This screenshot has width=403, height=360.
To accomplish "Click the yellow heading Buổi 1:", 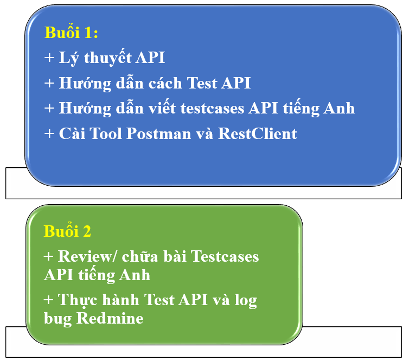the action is (71, 32).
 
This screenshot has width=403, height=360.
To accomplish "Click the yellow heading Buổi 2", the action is (67, 231).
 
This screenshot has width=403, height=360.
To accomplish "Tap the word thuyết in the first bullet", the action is (108, 57).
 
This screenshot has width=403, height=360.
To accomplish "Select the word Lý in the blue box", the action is (69, 58).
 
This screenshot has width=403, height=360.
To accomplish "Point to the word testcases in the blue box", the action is (212, 109).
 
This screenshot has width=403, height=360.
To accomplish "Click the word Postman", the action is (158, 133).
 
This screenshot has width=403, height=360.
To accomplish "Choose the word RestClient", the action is (258, 133).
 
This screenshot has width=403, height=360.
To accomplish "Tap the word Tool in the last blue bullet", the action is (106, 133).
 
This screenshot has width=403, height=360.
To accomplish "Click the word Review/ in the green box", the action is (88, 256).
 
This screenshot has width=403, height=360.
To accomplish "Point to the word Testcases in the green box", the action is (225, 256).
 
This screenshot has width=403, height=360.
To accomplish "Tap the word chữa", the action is (140, 256).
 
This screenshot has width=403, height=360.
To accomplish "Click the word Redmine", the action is (110, 318).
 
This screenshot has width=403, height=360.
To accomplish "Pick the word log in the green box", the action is (246, 301).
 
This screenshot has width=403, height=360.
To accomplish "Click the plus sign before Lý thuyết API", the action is (49, 58).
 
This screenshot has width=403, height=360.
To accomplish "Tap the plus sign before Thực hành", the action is (49, 300).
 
